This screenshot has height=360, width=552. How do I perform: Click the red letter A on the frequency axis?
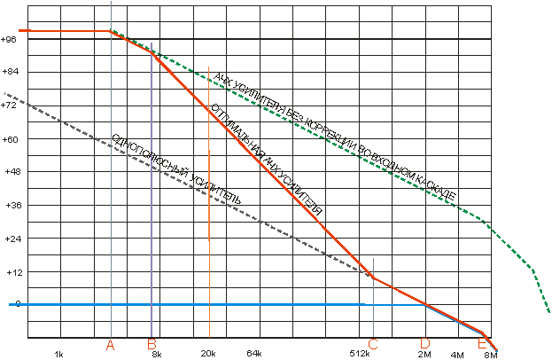coord(111,344)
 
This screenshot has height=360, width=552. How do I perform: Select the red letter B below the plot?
coord(152,344)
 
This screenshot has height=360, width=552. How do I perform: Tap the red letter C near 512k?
coord(373,344)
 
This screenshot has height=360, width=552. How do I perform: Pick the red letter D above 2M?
coord(425,344)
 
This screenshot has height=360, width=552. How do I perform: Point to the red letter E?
coord(482,344)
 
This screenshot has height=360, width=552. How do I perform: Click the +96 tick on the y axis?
coord(10,40)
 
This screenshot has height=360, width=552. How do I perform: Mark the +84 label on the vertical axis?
coord(10,73)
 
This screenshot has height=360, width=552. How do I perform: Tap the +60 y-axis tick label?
coord(10,139)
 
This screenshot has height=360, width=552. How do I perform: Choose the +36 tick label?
coord(10,206)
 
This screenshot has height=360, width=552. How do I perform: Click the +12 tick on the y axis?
coord(10,272)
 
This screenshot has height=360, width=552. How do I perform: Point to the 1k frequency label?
coord(58,355)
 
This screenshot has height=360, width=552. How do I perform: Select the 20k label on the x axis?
coord(209,355)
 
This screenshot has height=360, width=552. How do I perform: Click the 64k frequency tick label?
coord(253,355)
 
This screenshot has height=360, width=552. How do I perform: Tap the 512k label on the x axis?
coord(359,355)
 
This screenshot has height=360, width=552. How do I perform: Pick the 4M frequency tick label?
coord(457,355)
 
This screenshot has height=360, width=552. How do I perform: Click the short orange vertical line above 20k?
coord(209,195)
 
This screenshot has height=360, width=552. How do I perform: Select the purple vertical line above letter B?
coord(152,177)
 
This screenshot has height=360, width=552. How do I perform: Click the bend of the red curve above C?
coord(374,278)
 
